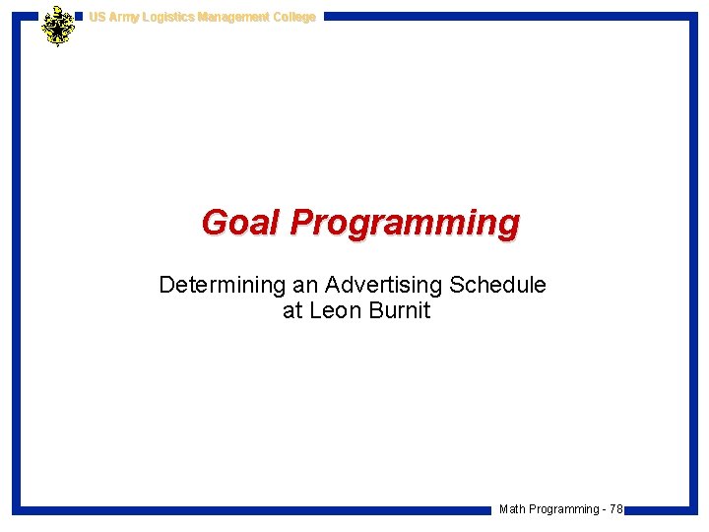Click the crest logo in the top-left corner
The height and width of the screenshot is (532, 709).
point(58,26)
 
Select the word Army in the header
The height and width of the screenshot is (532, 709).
point(125,17)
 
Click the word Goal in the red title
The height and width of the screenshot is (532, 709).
point(241,223)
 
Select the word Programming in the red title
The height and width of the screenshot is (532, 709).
point(405,224)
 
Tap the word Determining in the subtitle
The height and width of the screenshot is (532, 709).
point(222,286)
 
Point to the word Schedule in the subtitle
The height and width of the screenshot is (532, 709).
point(497,286)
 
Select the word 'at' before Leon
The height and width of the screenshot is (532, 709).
point(292,312)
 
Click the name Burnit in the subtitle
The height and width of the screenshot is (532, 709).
point(399,312)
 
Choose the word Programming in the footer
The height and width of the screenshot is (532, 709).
point(563,509)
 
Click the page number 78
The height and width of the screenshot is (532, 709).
point(615,509)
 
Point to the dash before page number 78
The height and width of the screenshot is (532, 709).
point(604,509)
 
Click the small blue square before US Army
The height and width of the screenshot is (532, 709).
point(80,17)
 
